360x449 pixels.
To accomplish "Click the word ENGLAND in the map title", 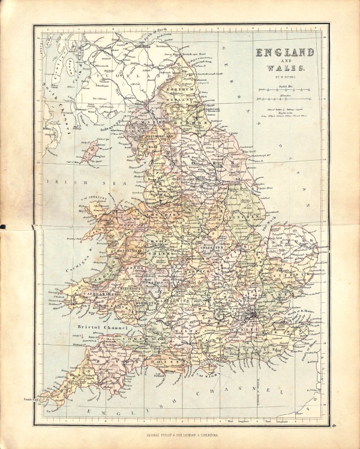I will [286, 53].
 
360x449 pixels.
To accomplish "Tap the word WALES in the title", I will [286, 68].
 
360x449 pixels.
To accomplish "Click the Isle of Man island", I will [91, 152].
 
